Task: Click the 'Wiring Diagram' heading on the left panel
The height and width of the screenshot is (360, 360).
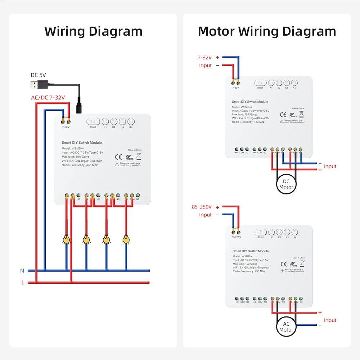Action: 93,31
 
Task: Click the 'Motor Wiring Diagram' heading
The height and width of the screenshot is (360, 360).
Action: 267,31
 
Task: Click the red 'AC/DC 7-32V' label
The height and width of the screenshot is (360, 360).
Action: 48,98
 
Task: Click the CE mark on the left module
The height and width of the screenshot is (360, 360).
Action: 118,157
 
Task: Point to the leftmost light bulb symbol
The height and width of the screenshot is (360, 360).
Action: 66,239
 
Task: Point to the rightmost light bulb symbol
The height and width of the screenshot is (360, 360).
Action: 126,239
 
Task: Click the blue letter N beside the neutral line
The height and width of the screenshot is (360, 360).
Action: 22,270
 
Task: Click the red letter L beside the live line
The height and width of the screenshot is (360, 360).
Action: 22,283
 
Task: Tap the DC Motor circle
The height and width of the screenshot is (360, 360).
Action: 286,184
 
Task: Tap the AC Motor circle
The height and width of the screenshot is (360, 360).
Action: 286,327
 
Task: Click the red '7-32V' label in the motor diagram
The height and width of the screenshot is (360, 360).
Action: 204,57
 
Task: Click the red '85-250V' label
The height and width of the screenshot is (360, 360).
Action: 202,207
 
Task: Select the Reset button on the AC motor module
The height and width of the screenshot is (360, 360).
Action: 261,233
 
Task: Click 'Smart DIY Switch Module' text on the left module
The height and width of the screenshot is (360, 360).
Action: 82,143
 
